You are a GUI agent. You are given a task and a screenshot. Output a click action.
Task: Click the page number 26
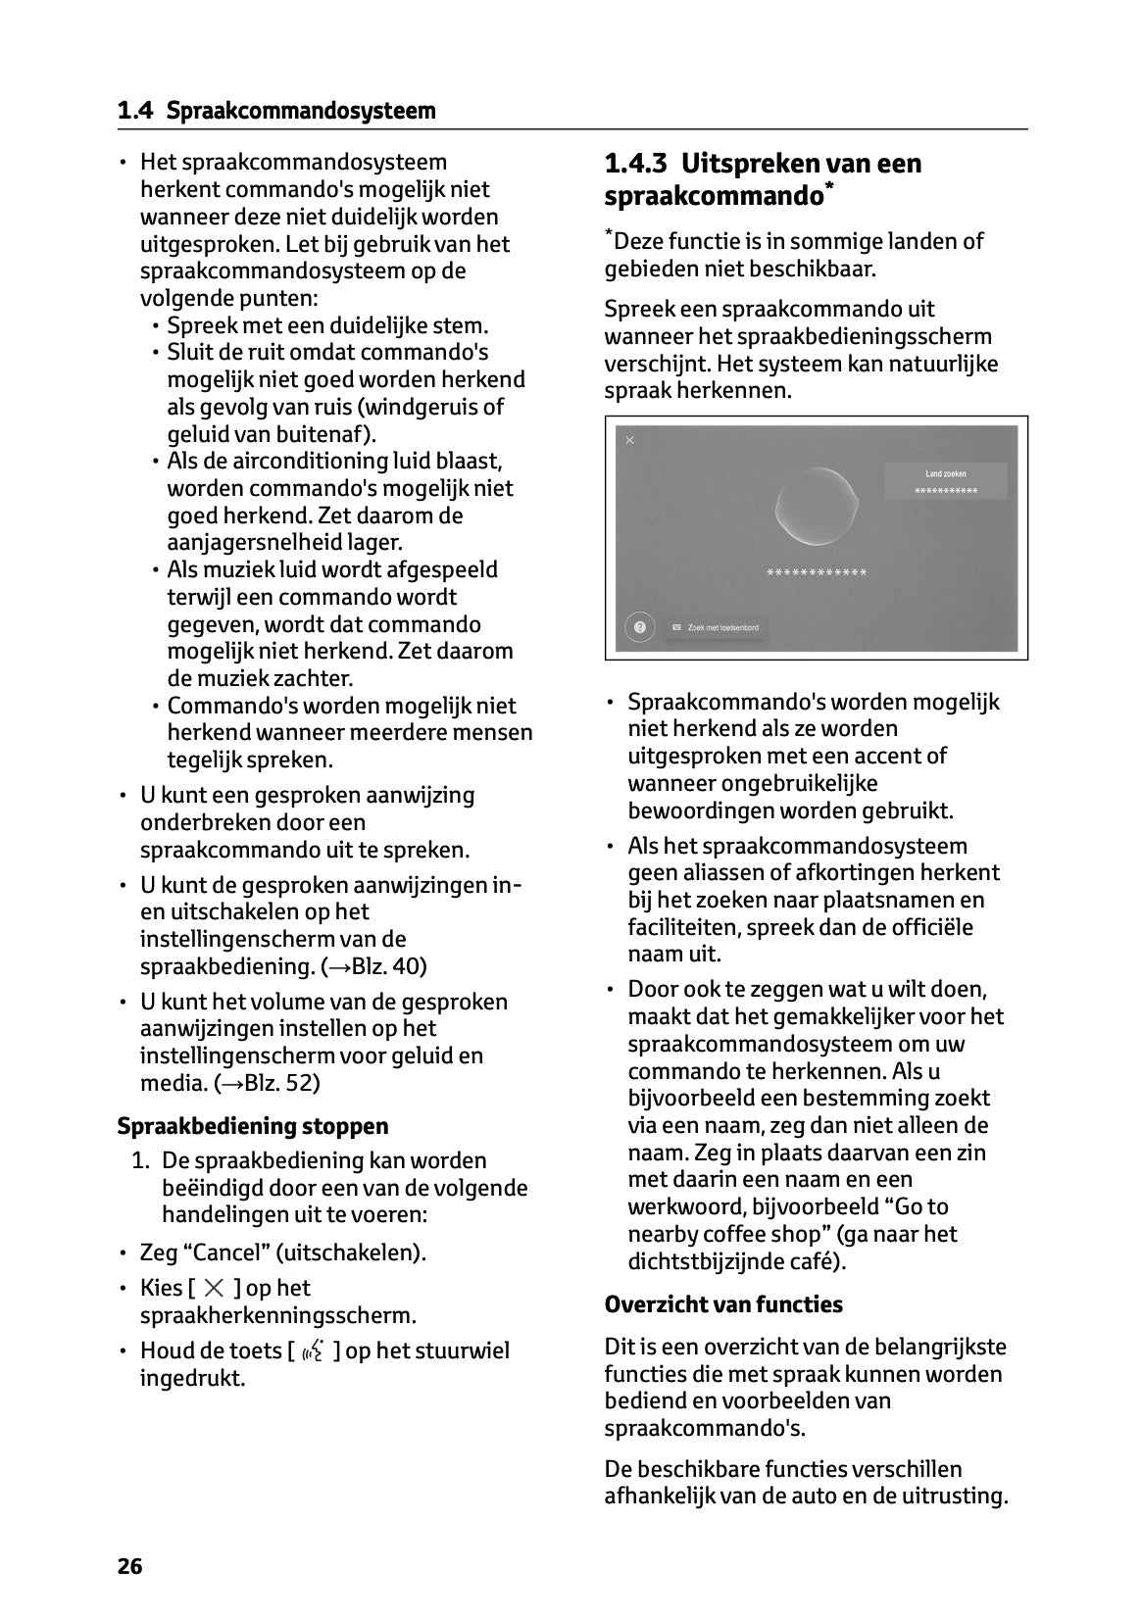tap(129, 1566)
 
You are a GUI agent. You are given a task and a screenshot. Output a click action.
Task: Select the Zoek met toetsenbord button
tap(717, 627)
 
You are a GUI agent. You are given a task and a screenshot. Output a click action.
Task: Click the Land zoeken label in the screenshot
tap(945, 473)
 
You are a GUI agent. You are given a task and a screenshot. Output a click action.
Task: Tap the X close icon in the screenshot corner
tap(629, 440)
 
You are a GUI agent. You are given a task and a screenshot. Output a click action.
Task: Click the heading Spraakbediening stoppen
tap(252, 1126)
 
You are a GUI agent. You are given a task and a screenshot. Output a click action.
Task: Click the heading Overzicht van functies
tap(723, 1304)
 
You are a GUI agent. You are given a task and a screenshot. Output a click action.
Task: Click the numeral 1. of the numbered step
tap(141, 1161)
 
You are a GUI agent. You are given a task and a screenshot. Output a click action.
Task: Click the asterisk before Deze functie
tap(609, 235)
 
